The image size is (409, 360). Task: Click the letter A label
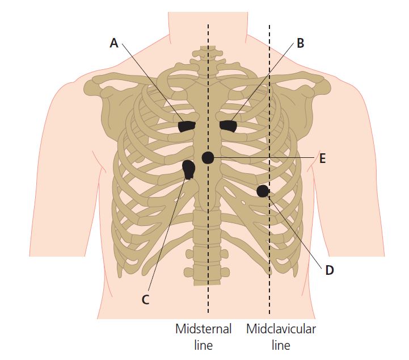pyautogui.click(x=114, y=43)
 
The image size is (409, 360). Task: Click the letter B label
pyautogui.click(x=300, y=43)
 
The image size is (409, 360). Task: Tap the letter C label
pyautogui.click(x=146, y=299)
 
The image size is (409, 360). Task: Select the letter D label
pyautogui.click(x=330, y=270)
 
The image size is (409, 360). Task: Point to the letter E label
pyautogui.click(x=323, y=158)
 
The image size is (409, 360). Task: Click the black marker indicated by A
pyautogui.click(x=187, y=127)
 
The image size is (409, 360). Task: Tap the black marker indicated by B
pyautogui.click(x=228, y=126)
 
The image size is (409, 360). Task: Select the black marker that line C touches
pyautogui.click(x=188, y=169)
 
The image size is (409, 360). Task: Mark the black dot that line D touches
pyautogui.click(x=263, y=191)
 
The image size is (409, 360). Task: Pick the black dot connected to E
pyautogui.click(x=208, y=158)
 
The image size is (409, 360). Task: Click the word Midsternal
pyautogui.click(x=203, y=329)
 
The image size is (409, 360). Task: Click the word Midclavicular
pyautogui.click(x=281, y=329)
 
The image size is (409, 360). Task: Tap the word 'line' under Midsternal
pyautogui.click(x=204, y=345)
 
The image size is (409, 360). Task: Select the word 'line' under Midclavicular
pyautogui.click(x=281, y=345)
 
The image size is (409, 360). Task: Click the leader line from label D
pyautogui.click(x=295, y=232)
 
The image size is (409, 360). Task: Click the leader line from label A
pyautogui.click(x=153, y=82)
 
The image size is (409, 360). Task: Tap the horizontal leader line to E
pyautogui.click(x=264, y=158)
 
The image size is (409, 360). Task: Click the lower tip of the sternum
pyautogui.click(x=208, y=209)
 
